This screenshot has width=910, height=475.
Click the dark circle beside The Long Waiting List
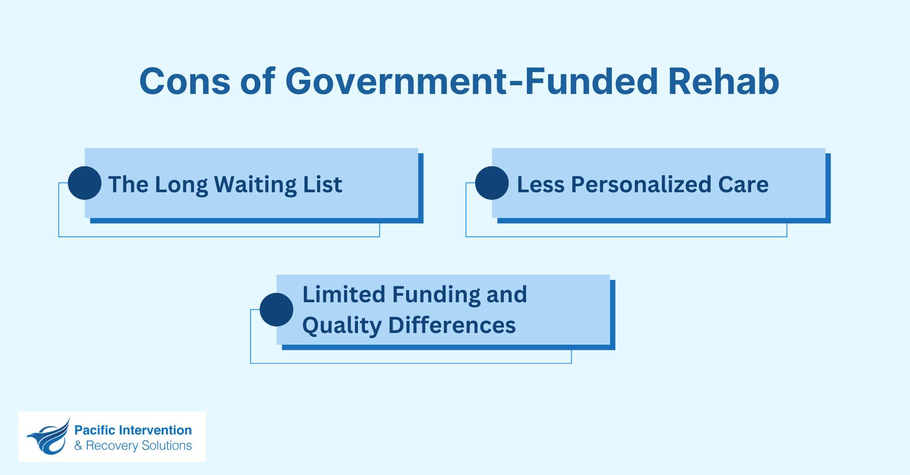coord(84,183)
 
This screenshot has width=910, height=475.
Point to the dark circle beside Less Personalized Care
coord(492,183)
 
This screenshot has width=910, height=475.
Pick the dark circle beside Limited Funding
coord(276,310)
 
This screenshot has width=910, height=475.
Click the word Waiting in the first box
coord(255,185)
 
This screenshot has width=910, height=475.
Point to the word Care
coord(743,184)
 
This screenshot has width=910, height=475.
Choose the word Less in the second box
coord(540,184)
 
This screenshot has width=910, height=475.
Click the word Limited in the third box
coord(344,294)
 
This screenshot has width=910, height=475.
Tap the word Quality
coord(341,326)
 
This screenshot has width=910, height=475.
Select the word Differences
coord(452,325)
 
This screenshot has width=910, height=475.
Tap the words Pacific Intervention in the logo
coord(133,430)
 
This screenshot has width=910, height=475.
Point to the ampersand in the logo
coord(78,446)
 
